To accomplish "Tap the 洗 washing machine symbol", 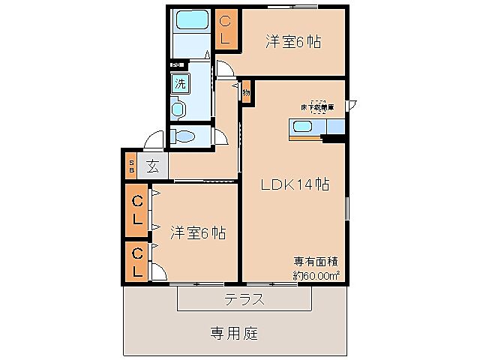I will pyautogui.click(x=180, y=83).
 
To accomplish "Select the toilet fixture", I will pyautogui.click(x=184, y=136).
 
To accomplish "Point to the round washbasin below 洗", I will pyautogui.click(x=178, y=109).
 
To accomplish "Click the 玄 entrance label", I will pyautogui.click(x=152, y=166).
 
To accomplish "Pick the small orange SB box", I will pyautogui.click(x=130, y=166).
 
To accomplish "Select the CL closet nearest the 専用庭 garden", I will pyautogui.click(x=138, y=262).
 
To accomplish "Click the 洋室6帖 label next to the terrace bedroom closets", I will pyautogui.click(x=197, y=232).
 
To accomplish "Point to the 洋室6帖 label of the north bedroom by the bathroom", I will pyautogui.click(x=292, y=42).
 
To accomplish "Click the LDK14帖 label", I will pyautogui.click(x=296, y=184).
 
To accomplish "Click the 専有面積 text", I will pyautogui.click(x=314, y=262).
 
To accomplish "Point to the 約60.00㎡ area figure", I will pyautogui.click(x=316, y=274).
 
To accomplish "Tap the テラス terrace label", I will pyautogui.click(x=244, y=298).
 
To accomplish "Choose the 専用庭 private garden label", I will pyautogui.click(x=233, y=332).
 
